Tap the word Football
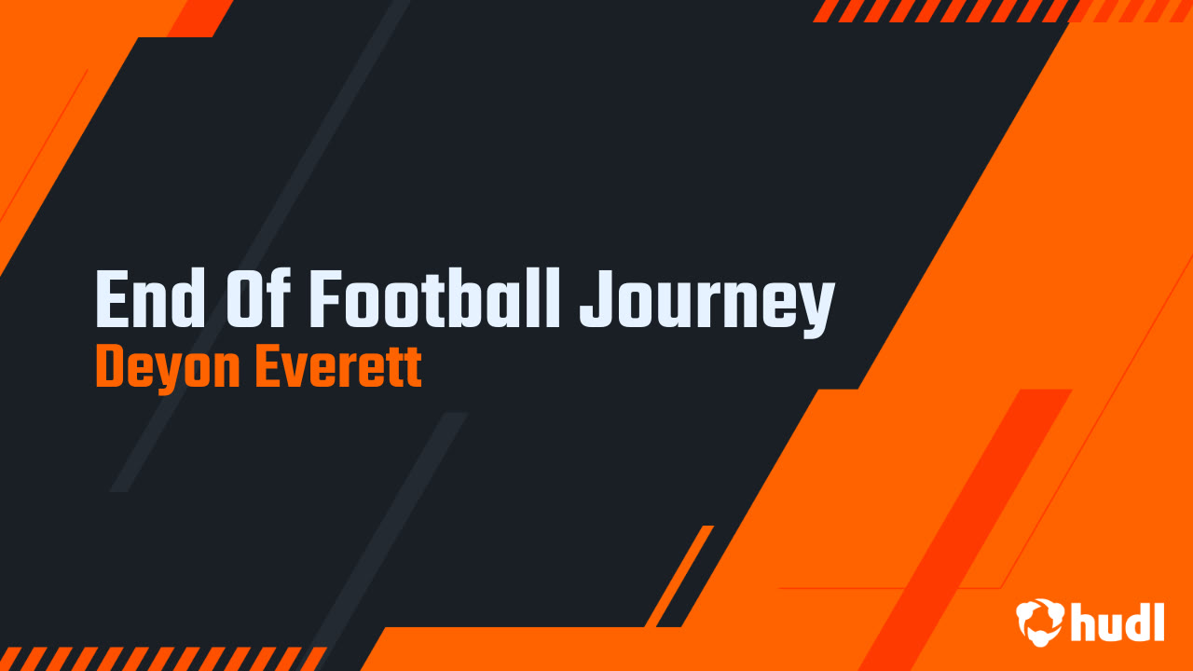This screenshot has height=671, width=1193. click(x=434, y=300)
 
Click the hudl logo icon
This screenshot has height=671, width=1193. click(x=1039, y=621)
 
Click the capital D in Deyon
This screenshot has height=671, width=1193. click(x=111, y=369)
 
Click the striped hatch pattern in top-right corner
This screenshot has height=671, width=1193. click(x=941, y=10)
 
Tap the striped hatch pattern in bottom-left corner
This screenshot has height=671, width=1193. click(x=158, y=658)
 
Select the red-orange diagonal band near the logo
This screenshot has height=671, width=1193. click(x=969, y=522)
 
